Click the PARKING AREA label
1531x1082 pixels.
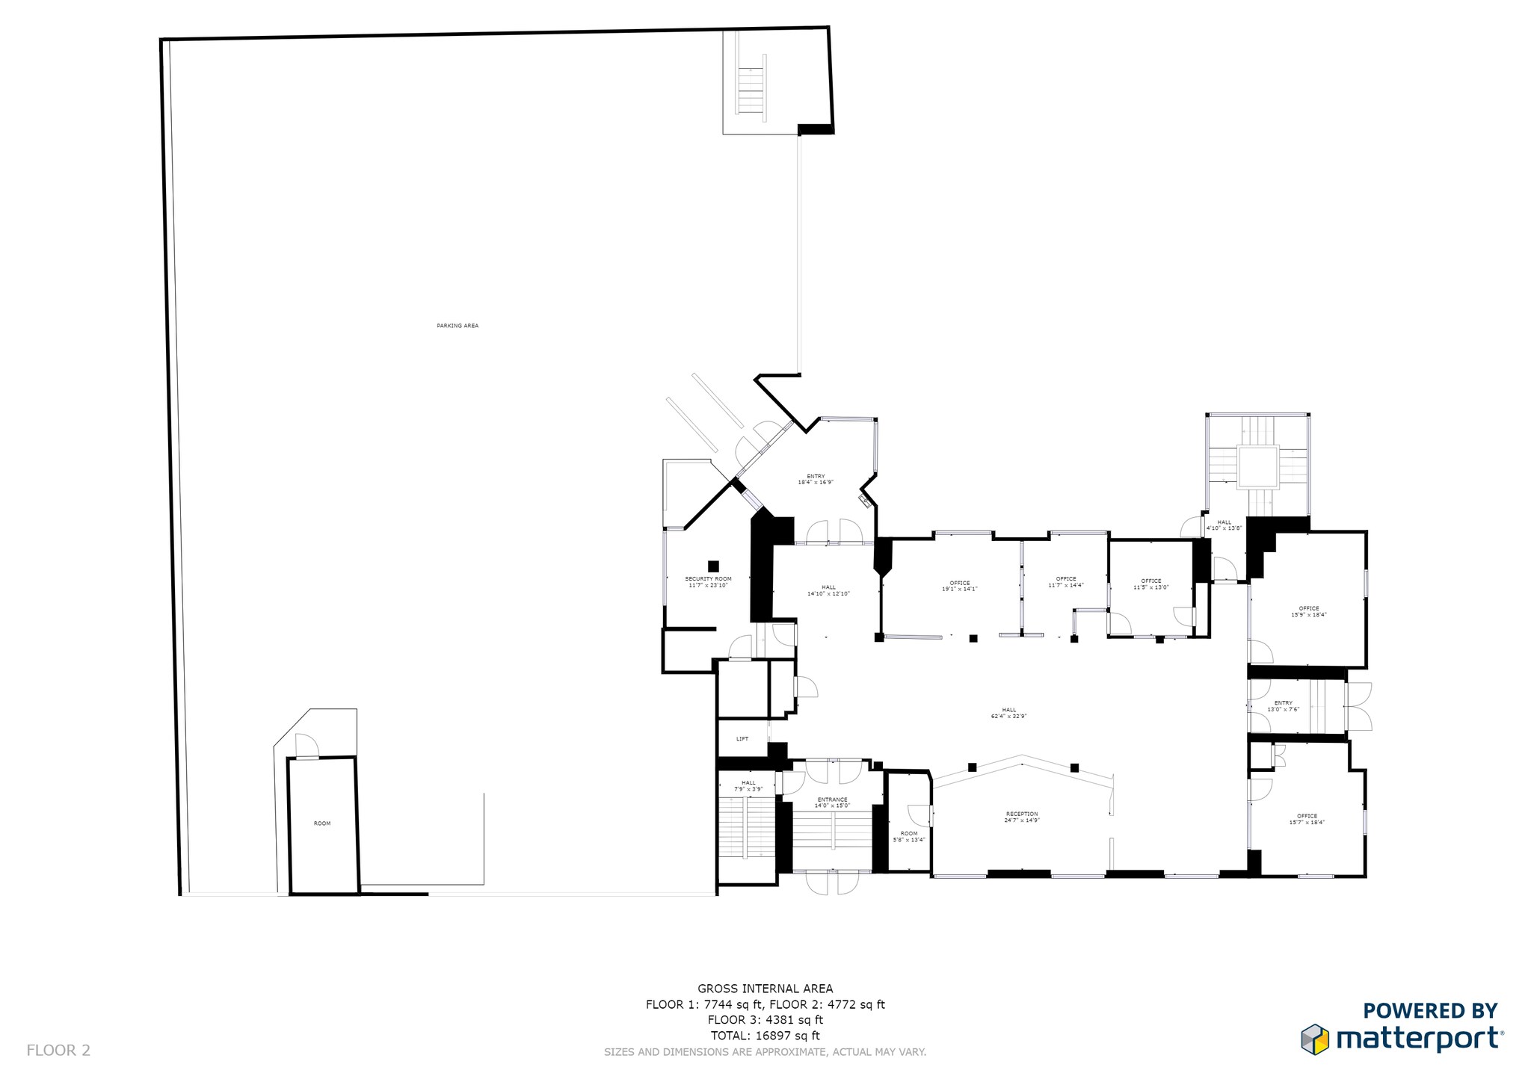[458, 326]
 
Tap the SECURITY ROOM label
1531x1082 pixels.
[708, 582]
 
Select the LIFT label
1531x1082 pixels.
[742, 739]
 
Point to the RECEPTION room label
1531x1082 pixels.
[1022, 817]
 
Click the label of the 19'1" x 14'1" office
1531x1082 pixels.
[959, 586]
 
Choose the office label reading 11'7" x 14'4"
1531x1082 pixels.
[1066, 582]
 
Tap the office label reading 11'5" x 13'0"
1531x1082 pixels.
[1151, 584]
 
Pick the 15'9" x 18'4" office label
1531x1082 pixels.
[1309, 611]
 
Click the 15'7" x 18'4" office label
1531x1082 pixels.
[1307, 819]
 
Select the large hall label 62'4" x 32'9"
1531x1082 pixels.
[1009, 713]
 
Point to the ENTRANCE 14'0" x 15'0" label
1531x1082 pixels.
[832, 803]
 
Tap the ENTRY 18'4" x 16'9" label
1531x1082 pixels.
[816, 479]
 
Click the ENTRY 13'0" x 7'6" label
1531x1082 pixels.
[1284, 706]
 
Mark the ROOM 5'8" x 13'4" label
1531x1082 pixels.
[909, 836]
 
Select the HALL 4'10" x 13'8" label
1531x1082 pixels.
[1224, 525]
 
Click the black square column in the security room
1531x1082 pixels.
[713, 566]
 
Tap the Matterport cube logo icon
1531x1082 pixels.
[1316, 1039]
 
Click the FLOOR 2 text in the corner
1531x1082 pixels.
[58, 1050]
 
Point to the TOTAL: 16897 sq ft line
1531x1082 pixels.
[765, 1036]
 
